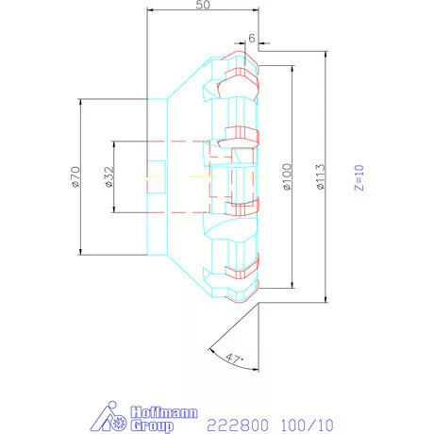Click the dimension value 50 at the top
tap(202, 6)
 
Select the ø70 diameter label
tap(74, 176)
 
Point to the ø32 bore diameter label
tap(108, 176)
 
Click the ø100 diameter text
tap(286, 176)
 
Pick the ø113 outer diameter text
tap(321, 176)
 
